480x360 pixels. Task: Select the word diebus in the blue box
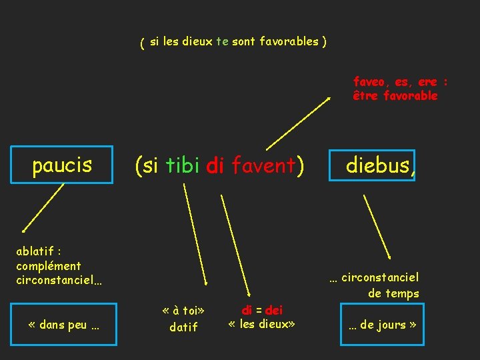point(377,165)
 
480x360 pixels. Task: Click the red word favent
point(263,166)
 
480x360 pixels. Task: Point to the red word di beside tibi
point(215,166)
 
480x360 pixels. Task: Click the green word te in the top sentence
point(222,41)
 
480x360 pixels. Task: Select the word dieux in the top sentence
point(197,41)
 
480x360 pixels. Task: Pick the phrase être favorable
point(395,95)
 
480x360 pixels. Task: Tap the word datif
point(183,327)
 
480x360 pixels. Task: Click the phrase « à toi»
point(183,311)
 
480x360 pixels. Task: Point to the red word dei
point(274,310)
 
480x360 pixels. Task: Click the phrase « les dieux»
point(261,325)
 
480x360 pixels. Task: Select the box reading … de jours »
point(382,325)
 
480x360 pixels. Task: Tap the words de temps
point(393,293)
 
